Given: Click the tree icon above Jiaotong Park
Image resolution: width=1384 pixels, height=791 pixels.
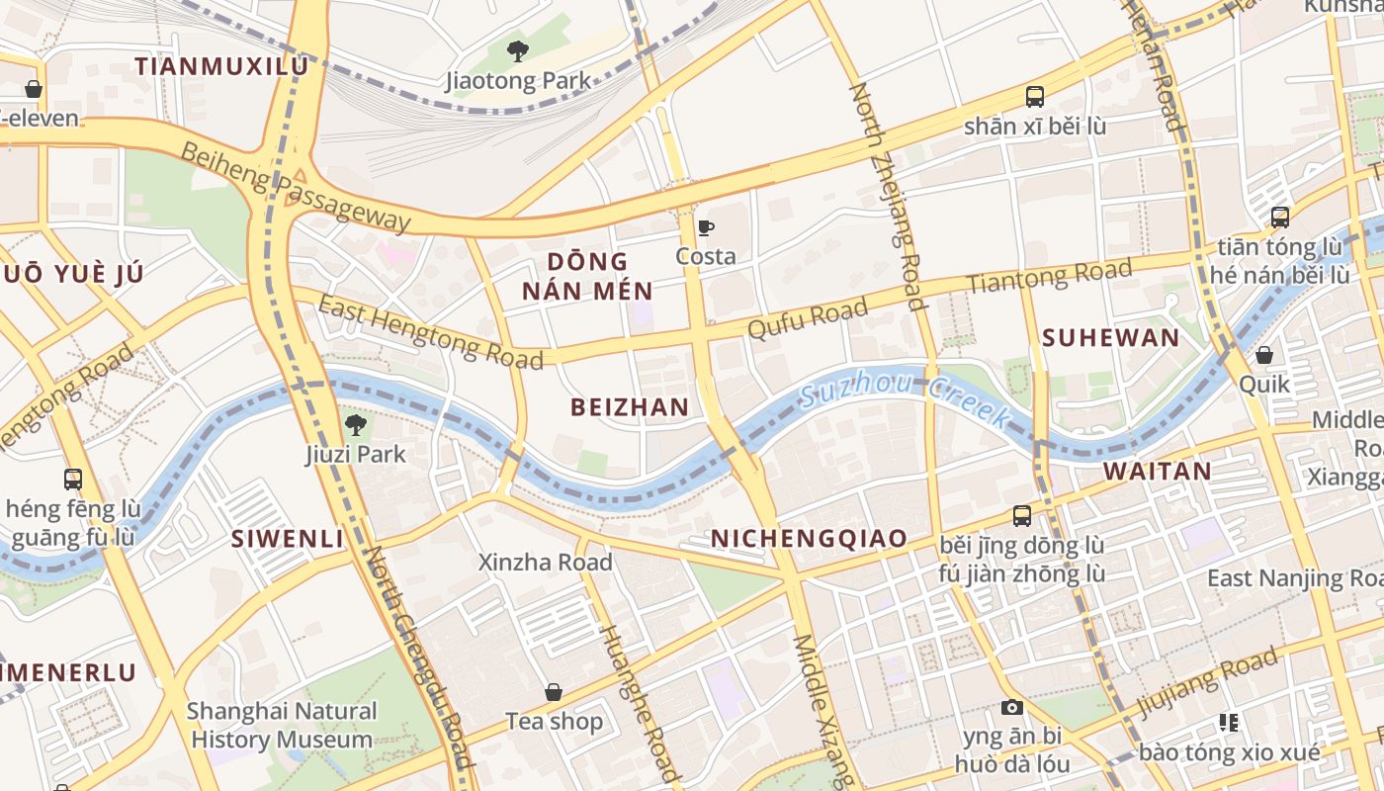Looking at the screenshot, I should tap(517, 50).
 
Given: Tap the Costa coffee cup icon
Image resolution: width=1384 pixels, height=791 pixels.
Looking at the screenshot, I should tap(706, 228).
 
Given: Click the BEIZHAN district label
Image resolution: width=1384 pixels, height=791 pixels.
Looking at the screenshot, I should tap(630, 406).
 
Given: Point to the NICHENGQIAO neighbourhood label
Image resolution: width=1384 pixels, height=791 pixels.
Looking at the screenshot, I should tap(809, 538).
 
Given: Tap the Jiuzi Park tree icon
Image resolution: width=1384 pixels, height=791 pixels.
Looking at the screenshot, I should tap(356, 426).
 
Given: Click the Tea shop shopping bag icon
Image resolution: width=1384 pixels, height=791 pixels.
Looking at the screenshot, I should tap(554, 692).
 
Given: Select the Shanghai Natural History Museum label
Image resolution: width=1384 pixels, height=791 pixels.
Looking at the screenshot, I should tap(282, 725).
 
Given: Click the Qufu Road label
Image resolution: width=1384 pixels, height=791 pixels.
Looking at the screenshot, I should tap(808, 318).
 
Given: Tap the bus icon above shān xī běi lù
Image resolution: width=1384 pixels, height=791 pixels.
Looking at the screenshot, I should tap(1035, 97).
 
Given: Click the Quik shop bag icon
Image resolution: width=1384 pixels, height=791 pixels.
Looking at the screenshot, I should tap(1264, 355).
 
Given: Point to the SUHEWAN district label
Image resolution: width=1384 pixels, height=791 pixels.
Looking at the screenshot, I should tap(1110, 338).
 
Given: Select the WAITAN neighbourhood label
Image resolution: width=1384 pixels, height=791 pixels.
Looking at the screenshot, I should tap(1157, 471).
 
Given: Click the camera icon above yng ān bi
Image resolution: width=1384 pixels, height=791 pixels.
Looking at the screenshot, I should tap(1011, 707).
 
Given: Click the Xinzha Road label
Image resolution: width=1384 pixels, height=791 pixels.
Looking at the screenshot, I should tap(546, 562).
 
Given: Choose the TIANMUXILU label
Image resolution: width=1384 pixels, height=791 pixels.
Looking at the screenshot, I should tap(221, 66).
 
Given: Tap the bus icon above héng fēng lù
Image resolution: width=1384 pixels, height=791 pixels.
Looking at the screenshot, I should tap(73, 480).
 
